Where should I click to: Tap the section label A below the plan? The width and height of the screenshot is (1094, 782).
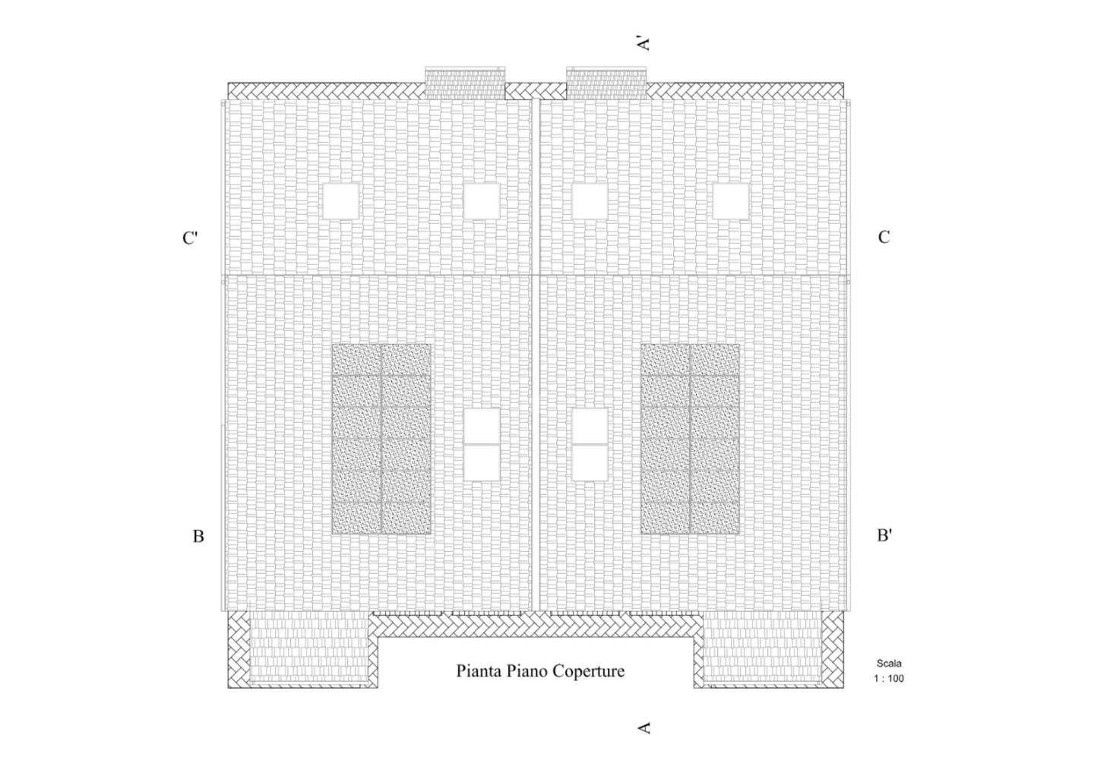[644, 742]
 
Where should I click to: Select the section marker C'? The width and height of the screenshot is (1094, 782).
[190, 238]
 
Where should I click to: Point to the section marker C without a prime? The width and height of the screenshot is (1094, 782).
[884, 237]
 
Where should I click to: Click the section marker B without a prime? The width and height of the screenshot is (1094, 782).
[198, 536]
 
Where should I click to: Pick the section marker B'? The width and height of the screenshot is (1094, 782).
[884, 535]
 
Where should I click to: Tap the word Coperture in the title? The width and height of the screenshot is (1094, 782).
[588, 671]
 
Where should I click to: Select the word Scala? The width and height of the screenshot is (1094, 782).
[889, 664]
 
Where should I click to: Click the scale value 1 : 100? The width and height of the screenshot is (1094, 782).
[889, 678]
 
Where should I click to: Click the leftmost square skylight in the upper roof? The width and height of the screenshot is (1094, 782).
[341, 201]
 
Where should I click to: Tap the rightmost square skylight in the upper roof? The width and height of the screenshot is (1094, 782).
[731, 201]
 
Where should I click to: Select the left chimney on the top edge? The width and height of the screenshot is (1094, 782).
[465, 82]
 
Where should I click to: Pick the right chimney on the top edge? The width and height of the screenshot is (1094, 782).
[606, 82]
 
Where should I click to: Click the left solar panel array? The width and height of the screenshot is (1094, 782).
[381, 439]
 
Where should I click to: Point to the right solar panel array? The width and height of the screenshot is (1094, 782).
[690, 439]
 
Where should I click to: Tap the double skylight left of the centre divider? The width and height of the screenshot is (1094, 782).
[482, 444]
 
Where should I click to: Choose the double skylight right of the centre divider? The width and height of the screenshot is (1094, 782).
[590, 444]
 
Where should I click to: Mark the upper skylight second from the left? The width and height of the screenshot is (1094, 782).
[482, 201]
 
